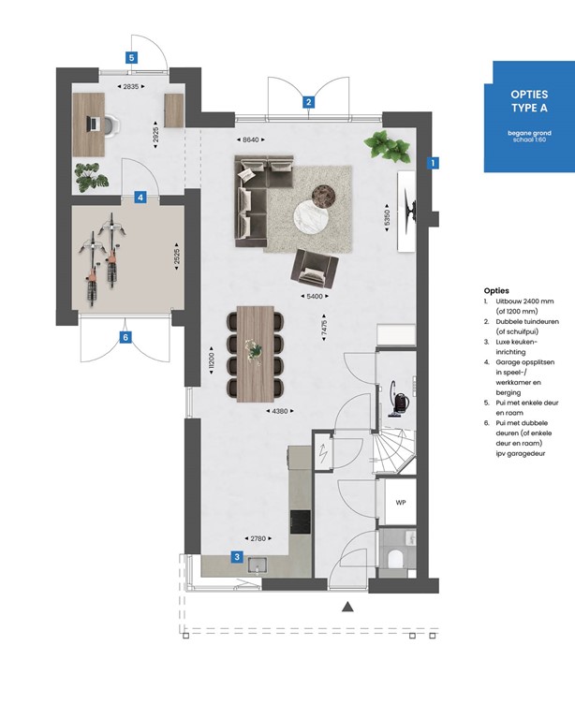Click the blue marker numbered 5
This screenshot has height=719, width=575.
point(132,57)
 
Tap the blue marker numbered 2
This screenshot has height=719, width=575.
point(307,102)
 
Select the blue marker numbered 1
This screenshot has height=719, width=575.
point(433,162)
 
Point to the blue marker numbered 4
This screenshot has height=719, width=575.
point(140,198)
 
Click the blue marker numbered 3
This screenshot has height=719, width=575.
point(238,557)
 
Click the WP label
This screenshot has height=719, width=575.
point(401,503)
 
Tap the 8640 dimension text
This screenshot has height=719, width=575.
point(249,139)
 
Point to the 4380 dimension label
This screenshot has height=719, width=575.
point(281,411)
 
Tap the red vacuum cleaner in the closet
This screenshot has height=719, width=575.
point(400,401)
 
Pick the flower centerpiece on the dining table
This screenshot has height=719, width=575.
point(254,349)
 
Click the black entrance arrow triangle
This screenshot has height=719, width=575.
point(347,608)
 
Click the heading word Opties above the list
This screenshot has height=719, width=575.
point(496,291)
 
